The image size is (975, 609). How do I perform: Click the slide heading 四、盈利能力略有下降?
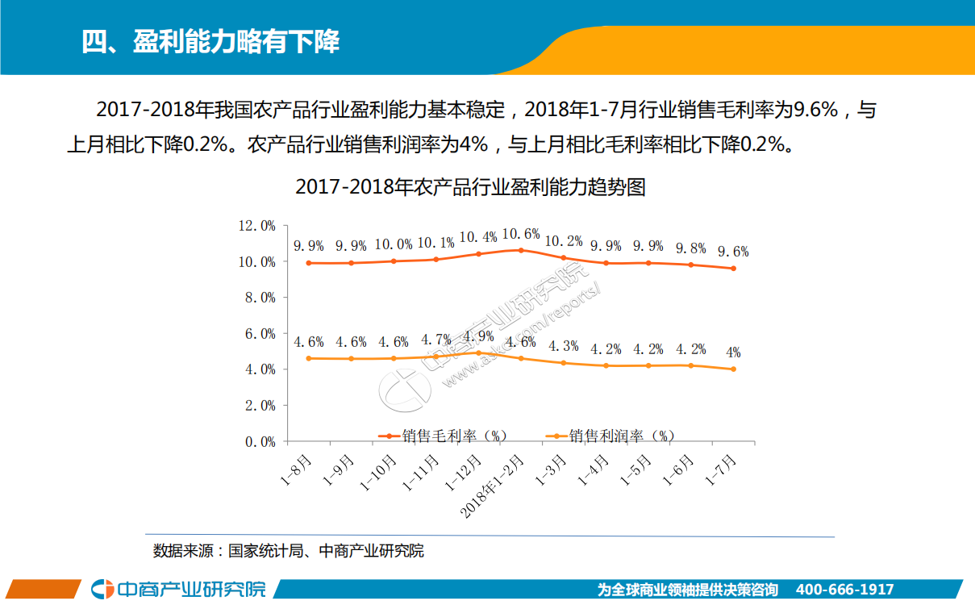pos(210,40)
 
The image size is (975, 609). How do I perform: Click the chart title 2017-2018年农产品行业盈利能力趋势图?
pos(470,187)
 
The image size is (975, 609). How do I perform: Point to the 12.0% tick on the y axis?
pos(256,226)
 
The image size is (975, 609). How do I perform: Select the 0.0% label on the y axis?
pos(260,441)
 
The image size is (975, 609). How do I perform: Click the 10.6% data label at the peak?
pos(520,234)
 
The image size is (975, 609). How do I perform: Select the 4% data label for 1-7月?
pos(733,352)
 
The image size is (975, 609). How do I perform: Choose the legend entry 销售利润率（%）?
pos(610,436)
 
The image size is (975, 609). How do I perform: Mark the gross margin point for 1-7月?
pos(733,269)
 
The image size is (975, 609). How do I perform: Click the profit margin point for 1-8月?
pos(309,358)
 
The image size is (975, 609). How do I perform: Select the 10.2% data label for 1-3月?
pos(563,240)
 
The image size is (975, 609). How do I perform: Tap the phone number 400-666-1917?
pos(844,590)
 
